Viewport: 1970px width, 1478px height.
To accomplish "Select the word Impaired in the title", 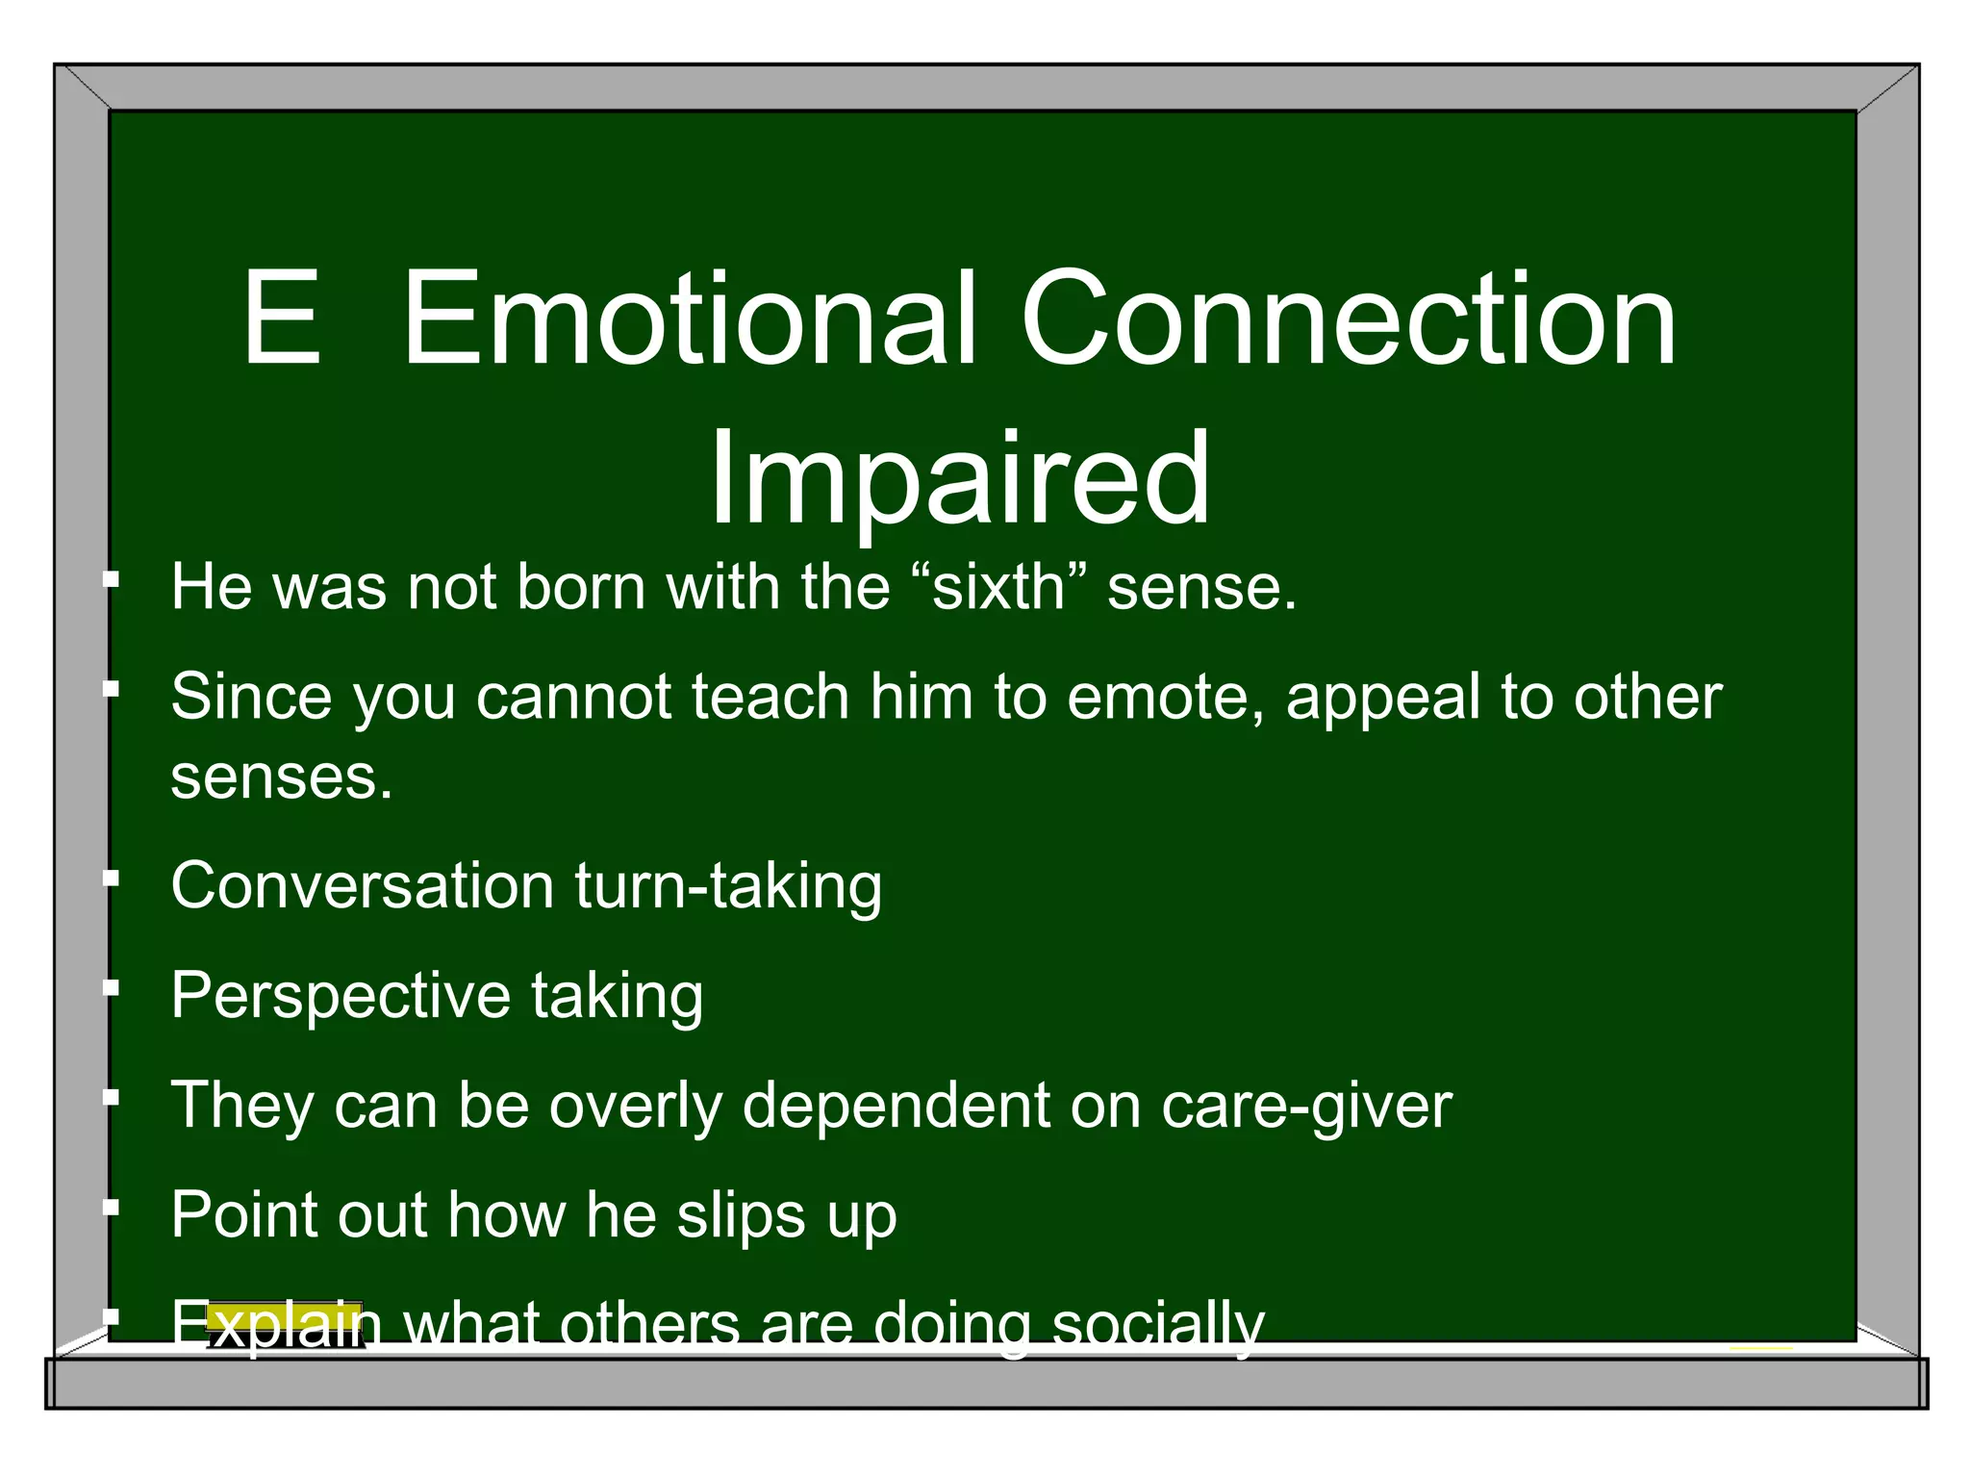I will [959, 478].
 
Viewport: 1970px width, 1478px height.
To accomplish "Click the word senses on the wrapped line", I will [281, 777].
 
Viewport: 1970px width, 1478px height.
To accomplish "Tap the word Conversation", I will [362, 885].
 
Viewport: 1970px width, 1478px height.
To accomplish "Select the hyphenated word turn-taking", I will [728, 885].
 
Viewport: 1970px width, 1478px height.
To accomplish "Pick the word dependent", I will [896, 1105].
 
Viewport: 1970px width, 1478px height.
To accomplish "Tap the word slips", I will [741, 1214].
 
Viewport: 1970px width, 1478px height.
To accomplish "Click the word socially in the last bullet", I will [1158, 1324].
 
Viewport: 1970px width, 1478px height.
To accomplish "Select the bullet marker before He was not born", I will [112, 579].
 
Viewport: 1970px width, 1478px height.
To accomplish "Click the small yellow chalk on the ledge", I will [1760, 1347].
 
